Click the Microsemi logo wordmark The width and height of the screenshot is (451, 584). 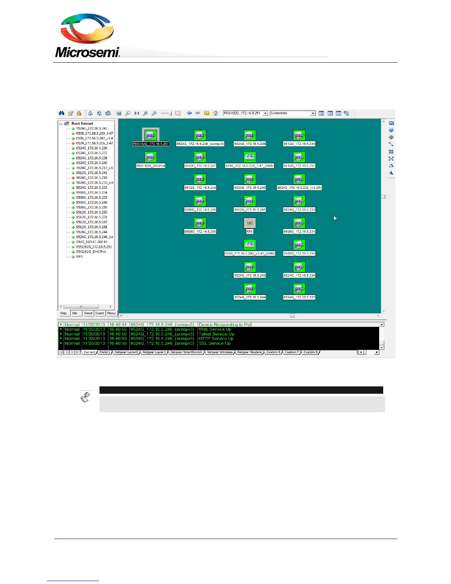point(87,52)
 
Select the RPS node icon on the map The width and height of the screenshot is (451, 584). point(249,223)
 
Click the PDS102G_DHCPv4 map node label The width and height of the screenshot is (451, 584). point(151,166)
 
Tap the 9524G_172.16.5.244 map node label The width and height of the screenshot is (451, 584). point(249,297)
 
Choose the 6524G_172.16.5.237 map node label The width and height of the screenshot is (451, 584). point(299,297)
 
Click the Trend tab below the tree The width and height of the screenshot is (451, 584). point(88,313)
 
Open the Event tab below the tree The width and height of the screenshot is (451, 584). point(100,313)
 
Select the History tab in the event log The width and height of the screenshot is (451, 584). point(105,352)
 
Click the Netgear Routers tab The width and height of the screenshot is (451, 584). point(249,352)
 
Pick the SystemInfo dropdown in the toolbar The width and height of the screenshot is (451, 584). point(293,113)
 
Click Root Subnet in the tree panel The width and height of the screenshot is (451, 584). point(82,124)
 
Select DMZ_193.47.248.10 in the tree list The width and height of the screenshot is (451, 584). point(92,242)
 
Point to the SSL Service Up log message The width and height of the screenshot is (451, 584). point(214,343)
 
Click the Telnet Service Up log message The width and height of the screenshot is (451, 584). point(216,334)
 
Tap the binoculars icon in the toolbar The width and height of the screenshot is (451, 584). point(62,113)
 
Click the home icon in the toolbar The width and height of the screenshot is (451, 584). point(216,113)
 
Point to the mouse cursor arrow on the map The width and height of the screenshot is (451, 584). point(335,218)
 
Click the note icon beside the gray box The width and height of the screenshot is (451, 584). point(85,397)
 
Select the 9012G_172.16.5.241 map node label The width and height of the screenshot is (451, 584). point(249,210)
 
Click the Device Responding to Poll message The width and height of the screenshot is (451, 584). point(225,325)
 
